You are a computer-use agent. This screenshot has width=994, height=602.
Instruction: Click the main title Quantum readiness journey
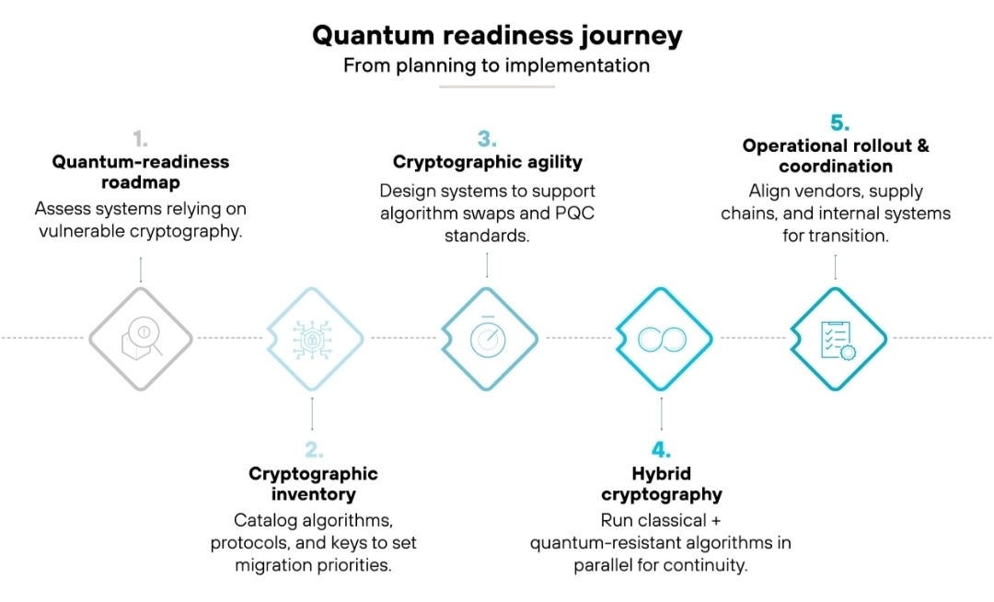coord(497,36)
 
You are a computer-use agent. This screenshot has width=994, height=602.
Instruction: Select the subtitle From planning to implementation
coord(496,65)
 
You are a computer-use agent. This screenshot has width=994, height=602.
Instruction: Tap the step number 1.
coord(140,138)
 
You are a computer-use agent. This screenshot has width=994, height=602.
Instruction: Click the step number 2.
coord(314,449)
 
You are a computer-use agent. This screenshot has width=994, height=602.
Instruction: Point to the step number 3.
coord(487,138)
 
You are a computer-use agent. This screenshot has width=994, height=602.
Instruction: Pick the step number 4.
coord(661,449)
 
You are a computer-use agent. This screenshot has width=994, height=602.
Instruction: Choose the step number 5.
coord(840,122)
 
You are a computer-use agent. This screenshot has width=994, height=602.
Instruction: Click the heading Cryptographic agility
coord(488,162)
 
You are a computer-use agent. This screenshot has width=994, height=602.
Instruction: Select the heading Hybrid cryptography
coord(662,484)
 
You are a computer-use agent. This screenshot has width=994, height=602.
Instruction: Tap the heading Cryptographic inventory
coord(313,484)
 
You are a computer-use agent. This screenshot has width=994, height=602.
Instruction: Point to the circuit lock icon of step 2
coord(312,340)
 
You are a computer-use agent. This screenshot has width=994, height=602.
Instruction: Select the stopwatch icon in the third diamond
coord(488,337)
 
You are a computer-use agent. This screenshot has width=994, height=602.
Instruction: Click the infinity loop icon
coord(662,339)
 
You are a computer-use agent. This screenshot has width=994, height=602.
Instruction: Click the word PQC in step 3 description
coord(574,213)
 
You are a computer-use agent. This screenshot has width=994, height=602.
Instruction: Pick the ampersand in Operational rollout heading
coord(922,145)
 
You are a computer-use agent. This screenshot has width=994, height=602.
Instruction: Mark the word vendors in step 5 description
coord(824,191)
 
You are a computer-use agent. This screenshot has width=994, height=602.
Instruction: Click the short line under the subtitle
coord(497,87)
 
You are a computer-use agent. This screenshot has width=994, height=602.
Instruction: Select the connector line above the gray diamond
coord(141,270)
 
